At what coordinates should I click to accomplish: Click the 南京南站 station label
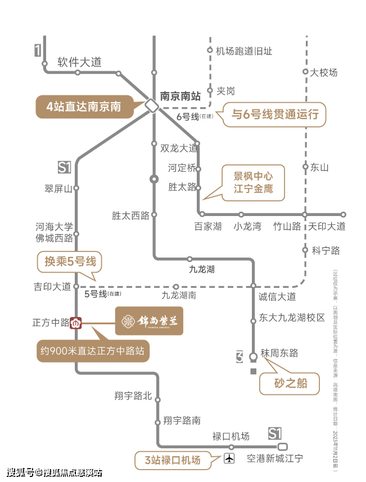tap(180, 96)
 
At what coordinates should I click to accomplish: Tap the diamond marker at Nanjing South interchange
tap(151, 105)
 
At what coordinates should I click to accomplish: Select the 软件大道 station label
tap(79, 62)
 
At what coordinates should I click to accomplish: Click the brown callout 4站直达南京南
tap(84, 107)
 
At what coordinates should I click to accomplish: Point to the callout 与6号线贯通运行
tap(275, 115)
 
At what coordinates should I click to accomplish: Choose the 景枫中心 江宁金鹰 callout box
tap(253, 182)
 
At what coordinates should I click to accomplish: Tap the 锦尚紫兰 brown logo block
tap(149, 322)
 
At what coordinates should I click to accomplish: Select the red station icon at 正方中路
tap(76, 323)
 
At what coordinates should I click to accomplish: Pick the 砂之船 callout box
tap(289, 384)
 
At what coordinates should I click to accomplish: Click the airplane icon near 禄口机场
tap(229, 458)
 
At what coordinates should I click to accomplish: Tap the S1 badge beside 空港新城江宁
tap(274, 433)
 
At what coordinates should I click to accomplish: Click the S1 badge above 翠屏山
tap(65, 167)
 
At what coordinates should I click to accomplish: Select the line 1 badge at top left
tap(38, 51)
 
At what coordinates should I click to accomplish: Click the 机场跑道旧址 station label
tap(244, 51)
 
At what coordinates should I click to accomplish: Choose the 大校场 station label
tap(324, 72)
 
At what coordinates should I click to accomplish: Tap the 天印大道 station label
tap(327, 226)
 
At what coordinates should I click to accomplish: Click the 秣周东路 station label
tap(279, 353)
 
